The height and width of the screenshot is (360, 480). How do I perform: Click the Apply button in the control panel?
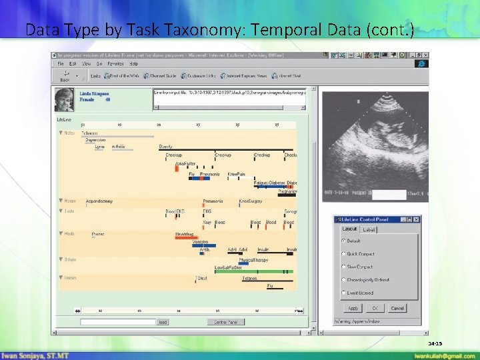[x=353, y=308]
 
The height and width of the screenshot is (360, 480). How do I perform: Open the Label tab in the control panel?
[x=369, y=230]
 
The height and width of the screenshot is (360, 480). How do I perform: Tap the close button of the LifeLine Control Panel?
[x=417, y=219]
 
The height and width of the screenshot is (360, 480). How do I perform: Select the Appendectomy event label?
[x=99, y=201]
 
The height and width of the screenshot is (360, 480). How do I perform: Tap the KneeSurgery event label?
[x=251, y=201]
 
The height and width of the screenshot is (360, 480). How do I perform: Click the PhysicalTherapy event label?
[x=253, y=259]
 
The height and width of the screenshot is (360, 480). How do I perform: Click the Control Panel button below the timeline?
[x=225, y=322]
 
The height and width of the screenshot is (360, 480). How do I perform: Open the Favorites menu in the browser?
[x=115, y=64]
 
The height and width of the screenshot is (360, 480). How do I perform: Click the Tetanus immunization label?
[x=249, y=278]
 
